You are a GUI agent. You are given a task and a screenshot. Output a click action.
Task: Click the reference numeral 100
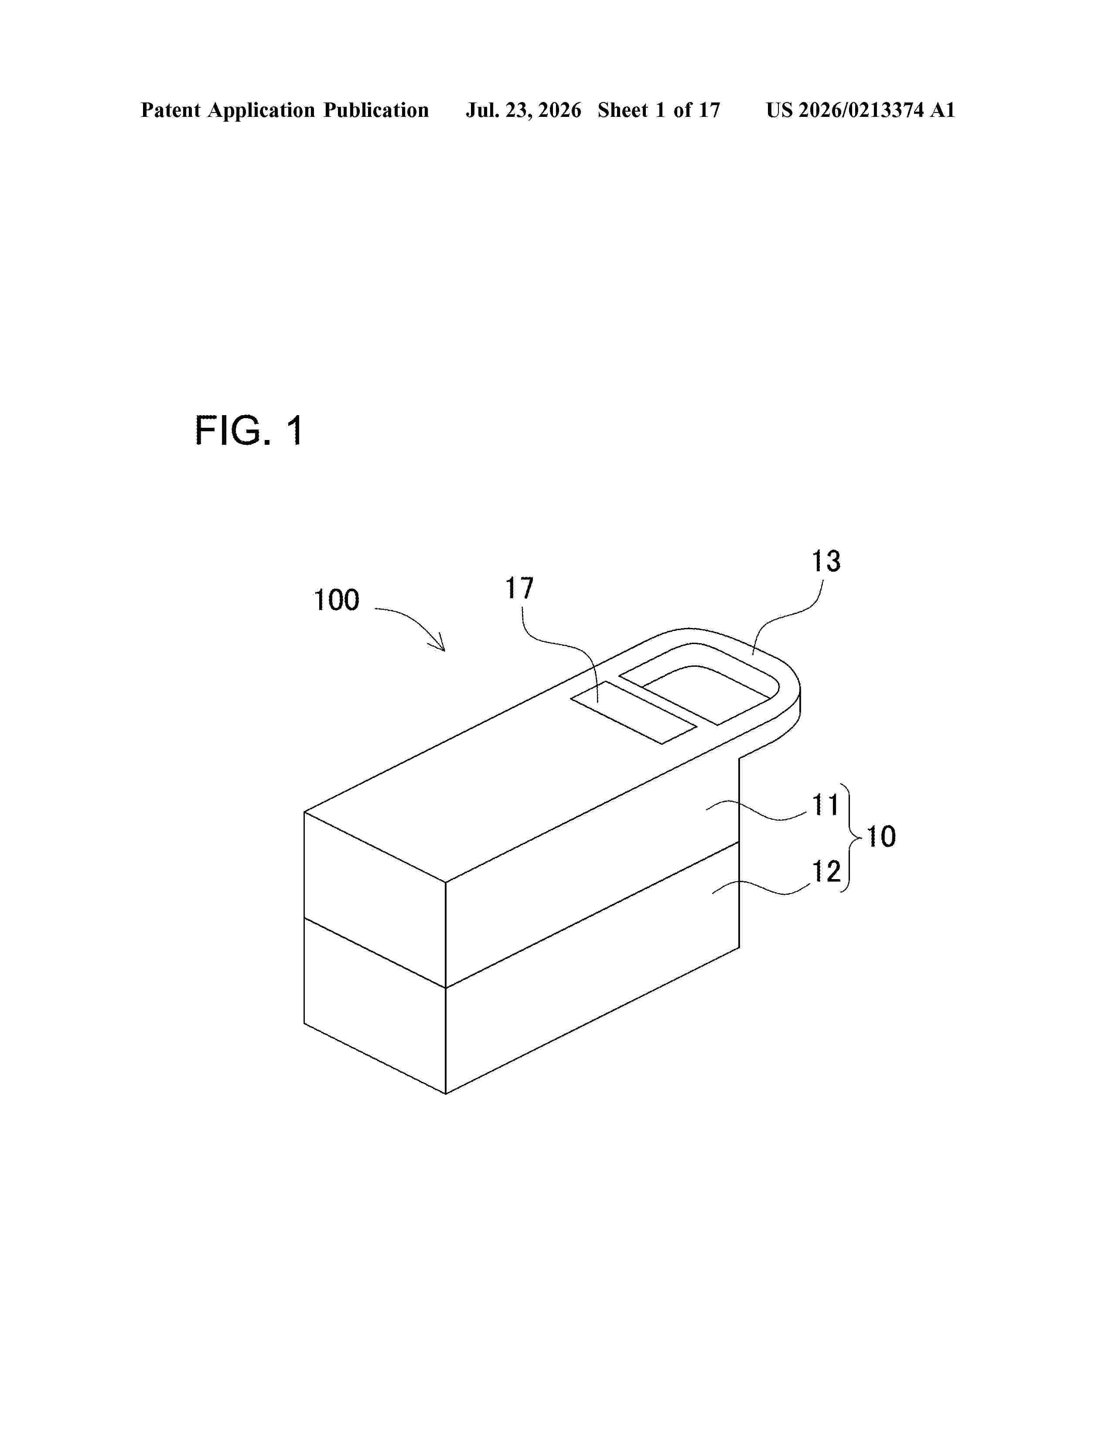pos(336,600)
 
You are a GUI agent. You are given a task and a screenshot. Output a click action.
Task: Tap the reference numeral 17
pos(519,588)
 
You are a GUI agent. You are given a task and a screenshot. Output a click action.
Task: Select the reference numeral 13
pos(825,561)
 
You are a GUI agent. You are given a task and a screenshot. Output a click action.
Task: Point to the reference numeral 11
pos(825,805)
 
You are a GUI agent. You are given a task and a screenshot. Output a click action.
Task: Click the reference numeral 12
pos(825,872)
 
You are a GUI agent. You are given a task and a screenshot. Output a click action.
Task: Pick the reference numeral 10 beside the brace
pos(881,837)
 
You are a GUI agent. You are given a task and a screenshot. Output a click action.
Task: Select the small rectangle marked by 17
pos(634,713)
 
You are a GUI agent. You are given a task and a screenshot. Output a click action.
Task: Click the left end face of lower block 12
pos(375,1006)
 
